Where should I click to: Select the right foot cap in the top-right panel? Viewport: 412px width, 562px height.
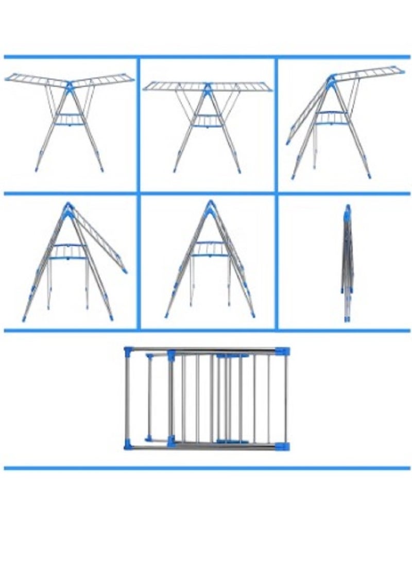[x=369, y=176]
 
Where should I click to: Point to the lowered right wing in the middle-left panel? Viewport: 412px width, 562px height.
[x=100, y=237]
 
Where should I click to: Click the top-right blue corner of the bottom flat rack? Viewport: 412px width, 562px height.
[x=282, y=351]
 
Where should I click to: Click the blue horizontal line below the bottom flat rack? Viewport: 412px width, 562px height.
[x=206, y=468]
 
